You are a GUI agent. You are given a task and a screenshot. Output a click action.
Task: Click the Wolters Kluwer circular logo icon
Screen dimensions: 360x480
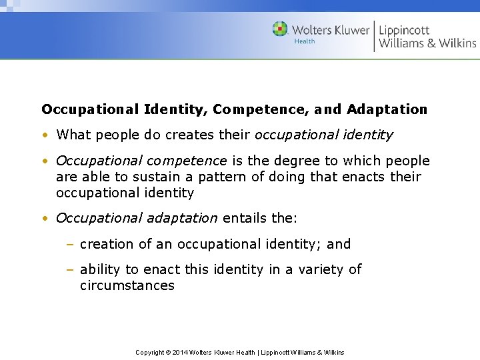click(280, 29)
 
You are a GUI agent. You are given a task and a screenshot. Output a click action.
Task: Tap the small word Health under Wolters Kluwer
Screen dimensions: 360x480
click(305, 41)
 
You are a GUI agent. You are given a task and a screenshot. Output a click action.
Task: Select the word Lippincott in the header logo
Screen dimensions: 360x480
click(404, 30)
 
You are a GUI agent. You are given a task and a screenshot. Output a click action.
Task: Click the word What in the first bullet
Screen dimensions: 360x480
click(73, 135)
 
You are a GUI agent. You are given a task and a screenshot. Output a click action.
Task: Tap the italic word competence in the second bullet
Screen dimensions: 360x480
click(187, 161)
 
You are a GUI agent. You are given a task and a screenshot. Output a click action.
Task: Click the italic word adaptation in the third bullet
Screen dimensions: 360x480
click(180, 218)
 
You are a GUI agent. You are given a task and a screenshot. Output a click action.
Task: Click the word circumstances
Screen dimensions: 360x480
click(127, 286)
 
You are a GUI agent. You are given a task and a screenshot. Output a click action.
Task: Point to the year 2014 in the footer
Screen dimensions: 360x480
click(181, 352)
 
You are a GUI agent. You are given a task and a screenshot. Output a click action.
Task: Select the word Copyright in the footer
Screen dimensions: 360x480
click(150, 352)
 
